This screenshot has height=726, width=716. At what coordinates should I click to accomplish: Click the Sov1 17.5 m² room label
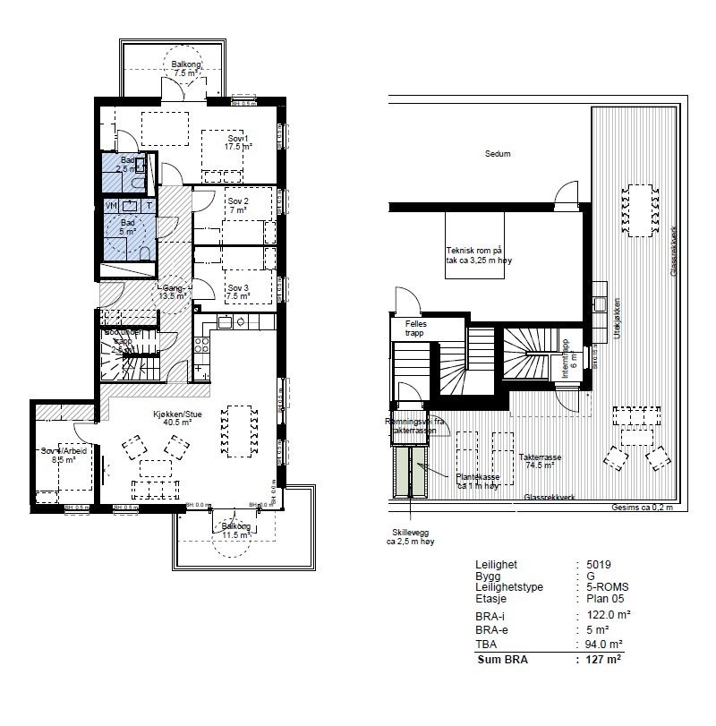tap(236, 143)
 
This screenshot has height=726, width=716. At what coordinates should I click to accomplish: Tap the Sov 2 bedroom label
tap(237, 205)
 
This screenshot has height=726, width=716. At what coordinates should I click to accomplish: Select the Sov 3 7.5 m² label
tap(237, 292)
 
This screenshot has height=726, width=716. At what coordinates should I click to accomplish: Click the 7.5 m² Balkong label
tap(186, 70)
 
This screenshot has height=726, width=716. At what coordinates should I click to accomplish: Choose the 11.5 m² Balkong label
tap(236, 531)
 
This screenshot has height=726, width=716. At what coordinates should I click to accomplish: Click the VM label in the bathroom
tap(110, 206)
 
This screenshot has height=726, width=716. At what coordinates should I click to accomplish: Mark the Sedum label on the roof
tap(498, 154)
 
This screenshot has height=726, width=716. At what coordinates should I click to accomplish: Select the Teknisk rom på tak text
tap(484, 255)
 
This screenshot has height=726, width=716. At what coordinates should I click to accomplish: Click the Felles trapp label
tap(415, 329)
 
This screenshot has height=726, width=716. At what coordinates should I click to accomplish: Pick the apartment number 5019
tap(599, 565)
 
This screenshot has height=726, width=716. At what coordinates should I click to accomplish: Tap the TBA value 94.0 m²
tap(605, 644)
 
